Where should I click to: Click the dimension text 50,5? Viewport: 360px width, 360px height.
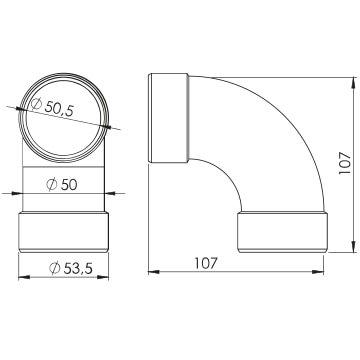[59, 108]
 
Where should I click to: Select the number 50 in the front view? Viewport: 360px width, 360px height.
[69, 185]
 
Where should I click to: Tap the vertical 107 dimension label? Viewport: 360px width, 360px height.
[344, 163]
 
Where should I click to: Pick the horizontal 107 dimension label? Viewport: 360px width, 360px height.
[206, 263]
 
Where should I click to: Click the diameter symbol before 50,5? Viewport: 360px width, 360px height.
[36, 105]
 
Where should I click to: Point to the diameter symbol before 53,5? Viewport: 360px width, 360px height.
[55, 268]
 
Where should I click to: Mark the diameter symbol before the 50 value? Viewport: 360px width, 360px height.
[52, 185]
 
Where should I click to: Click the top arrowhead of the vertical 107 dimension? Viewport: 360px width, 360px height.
[353, 83]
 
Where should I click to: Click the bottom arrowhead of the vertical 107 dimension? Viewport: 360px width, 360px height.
[353, 246]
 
